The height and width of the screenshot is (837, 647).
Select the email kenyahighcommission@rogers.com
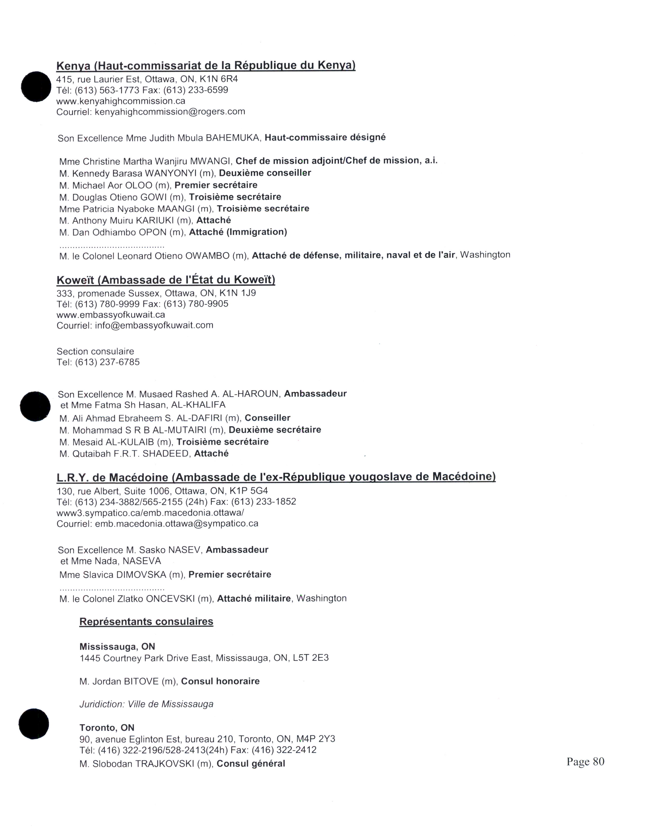pos(170,112)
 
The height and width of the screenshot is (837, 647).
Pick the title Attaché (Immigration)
pos(238,232)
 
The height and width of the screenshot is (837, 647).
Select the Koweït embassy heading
pos(166,280)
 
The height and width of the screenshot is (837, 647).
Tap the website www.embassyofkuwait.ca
pos(111,315)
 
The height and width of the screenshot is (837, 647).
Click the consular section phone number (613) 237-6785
pos(107,362)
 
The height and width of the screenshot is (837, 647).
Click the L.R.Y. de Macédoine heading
pos(276,477)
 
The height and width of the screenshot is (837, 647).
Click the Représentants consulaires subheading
pos(146,622)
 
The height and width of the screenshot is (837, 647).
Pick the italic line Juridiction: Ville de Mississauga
pos(146,704)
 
